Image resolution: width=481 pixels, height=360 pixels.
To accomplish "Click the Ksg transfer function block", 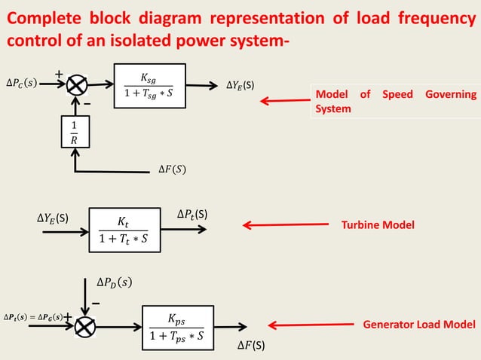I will (x=149, y=87).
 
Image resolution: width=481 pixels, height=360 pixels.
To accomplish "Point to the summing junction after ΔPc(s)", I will (x=76, y=85).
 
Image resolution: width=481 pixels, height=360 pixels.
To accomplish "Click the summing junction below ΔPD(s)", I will (x=85, y=326).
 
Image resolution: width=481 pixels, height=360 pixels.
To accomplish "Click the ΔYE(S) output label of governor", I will (x=240, y=84).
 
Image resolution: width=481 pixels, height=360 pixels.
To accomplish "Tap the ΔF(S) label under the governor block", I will (x=173, y=168).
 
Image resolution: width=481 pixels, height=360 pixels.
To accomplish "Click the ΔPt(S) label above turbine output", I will (x=192, y=215).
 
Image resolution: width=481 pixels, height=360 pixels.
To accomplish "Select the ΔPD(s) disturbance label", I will (x=114, y=282).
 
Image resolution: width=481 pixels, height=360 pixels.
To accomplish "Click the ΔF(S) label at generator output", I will (x=251, y=346).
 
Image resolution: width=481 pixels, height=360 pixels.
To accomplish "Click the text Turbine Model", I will (x=378, y=224).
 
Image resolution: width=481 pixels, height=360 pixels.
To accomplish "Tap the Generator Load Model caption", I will (x=419, y=325).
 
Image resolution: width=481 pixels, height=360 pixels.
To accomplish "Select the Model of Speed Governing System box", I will (x=395, y=102).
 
